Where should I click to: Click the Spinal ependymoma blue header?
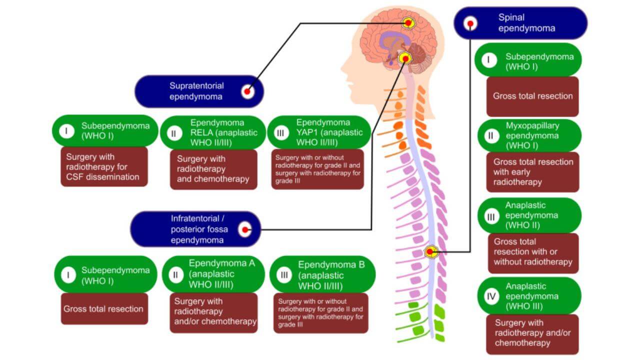point(520,23)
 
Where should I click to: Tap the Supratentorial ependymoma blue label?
point(199,91)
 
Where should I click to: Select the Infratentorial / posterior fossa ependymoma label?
point(195,229)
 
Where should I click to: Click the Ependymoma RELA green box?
point(213,132)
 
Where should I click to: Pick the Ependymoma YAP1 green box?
point(319,132)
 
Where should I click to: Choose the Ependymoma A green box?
point(213,274)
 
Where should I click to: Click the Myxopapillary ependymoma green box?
point(529,135)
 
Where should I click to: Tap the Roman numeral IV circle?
point(491,296)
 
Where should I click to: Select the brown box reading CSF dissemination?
point(104,166)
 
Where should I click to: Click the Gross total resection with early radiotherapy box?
point(532,172)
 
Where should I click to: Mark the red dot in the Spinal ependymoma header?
point(470,23)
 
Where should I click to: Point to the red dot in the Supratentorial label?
point(246,91)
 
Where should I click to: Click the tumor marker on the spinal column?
point(431,251)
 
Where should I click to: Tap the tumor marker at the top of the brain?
point(408,22)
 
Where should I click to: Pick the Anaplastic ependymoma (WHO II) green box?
point(529,215)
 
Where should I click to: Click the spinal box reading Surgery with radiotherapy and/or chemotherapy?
point(532,333)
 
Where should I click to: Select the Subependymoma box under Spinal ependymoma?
point(529,60)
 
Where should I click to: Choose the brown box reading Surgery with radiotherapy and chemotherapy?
point(213,169)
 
